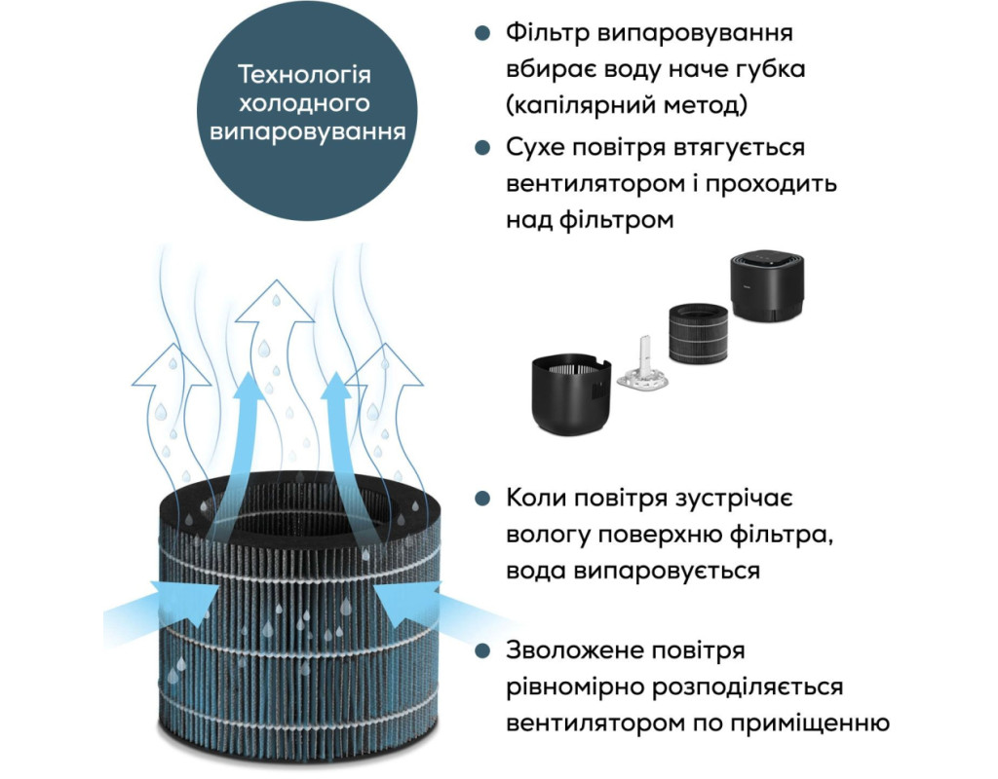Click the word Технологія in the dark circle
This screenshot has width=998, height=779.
[x=304, y=74]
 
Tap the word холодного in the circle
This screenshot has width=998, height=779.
[x=304, y=103]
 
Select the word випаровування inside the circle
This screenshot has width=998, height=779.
[x=307, y=131]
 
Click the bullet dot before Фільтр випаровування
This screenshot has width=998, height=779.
[x=483, y=33]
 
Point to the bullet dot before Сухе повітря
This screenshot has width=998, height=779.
[x=483, y=148]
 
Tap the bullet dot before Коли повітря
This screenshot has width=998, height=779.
[x=483, y=498]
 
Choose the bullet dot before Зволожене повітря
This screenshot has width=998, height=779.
[x=483, y=650]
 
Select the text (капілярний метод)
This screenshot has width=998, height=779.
[x=627, y=105]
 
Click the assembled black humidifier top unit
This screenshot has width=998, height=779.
[x=766, y=285]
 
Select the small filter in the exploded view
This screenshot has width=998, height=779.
[x=698, y=333]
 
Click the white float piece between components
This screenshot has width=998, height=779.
[x=643, y=368]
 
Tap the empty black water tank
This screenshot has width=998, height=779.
[x=571, y=394]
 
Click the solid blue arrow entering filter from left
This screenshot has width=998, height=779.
[x=157, y=604]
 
